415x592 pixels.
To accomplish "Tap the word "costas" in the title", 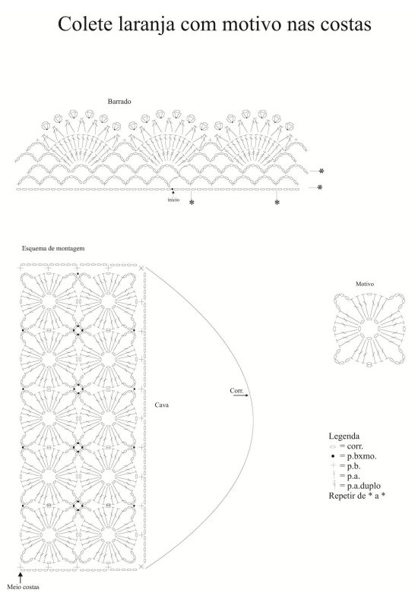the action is pos(346,24).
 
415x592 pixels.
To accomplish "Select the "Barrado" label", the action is pos(119,101).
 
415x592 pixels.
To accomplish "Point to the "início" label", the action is pos(173,200).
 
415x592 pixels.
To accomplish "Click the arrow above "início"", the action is pos(173,193).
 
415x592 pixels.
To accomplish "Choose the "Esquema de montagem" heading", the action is pos(53,248).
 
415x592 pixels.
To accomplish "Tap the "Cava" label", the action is pos(162,405).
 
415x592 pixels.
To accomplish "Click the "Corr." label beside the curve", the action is pos(236,390).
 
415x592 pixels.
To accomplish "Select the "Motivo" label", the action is pos(365,284).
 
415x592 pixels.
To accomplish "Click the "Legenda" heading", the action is pos(344,436).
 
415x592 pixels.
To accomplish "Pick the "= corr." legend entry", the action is pos(351,446).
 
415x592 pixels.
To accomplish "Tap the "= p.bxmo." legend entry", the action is pos(358,456).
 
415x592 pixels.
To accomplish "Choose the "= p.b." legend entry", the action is pos(350,466).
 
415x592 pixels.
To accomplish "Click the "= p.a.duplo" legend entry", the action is pos(360,486).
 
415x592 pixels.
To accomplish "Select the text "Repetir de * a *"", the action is pos(356,496).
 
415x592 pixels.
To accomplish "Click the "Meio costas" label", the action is pos(23,587).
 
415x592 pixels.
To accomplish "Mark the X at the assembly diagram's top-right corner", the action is pos(141,268).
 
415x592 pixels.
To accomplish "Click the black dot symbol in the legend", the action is pos(333,456).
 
